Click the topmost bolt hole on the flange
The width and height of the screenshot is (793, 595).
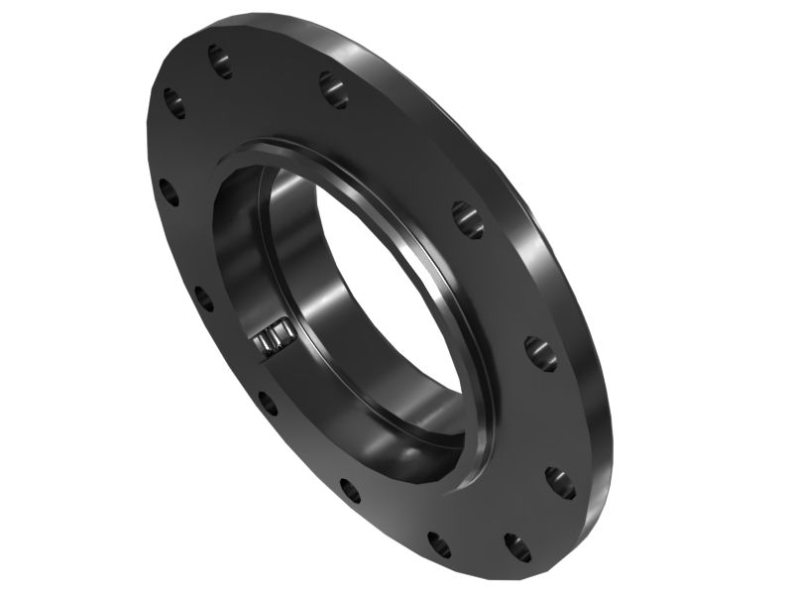pos(220,60)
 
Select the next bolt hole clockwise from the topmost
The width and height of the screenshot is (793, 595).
pos(333,89)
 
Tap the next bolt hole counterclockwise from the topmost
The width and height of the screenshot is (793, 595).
pos(174,102)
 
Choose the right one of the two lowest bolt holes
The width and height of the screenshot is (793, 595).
pos(516,546)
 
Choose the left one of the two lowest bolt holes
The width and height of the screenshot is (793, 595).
pos(439,543)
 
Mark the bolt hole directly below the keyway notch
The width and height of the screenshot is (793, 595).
pos(268,402)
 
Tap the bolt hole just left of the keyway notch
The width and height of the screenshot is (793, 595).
pos(204,297)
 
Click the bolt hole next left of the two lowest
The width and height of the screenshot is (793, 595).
pos(350,490)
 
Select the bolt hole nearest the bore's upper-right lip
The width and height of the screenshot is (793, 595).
pos(468,219)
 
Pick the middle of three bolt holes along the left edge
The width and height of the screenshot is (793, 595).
pos(170,191)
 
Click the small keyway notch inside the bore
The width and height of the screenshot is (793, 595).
pos(271,339)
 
